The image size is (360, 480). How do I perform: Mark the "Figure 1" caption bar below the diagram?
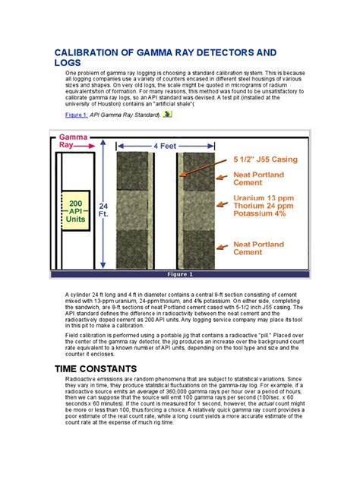tap(180, 274)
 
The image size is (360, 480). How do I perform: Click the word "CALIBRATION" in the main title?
tap(93, 54)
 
